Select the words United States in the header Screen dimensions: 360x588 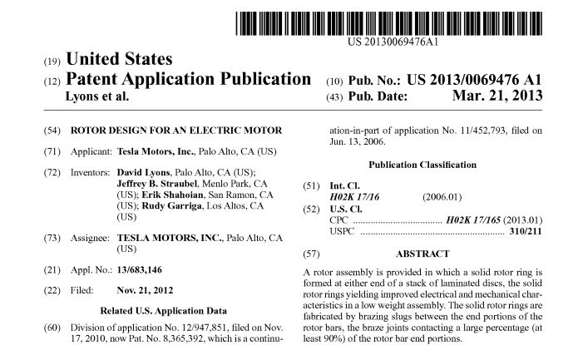coord(119,60)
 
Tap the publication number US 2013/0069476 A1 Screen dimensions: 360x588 coord(474,81)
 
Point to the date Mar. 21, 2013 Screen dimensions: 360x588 coord(498,96)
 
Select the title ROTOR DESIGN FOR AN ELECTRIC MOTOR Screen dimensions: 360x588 coord(177,131)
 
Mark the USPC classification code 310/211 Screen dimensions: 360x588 coord(525,231)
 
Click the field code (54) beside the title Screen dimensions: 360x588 coord(51,131)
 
